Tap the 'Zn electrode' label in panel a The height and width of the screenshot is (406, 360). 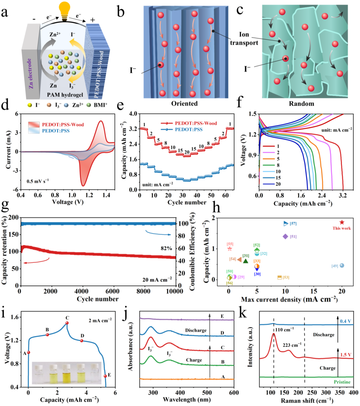coord(29,73)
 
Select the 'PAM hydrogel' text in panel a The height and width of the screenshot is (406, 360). coord(65,95)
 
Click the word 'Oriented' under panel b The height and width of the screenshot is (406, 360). coord(184,103)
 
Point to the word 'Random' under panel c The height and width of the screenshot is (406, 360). coord(301,104)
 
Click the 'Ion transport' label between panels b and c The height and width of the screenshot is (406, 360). coord(244,38)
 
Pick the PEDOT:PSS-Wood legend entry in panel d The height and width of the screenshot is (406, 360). coord(56,124)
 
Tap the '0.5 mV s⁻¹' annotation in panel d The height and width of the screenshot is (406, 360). coord(38,181)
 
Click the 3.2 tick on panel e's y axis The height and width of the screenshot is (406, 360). coord(134,129)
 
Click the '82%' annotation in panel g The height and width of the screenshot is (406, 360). coord(166,248)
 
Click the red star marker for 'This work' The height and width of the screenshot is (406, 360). coord(342,222)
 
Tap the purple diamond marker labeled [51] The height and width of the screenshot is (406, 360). coord(285,236)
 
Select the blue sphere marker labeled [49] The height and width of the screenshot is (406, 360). coord(342,266)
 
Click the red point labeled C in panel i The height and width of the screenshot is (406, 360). coord(67,323)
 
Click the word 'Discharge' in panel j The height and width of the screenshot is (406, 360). coord(196,330)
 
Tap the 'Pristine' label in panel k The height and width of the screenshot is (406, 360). coord(342,382)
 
